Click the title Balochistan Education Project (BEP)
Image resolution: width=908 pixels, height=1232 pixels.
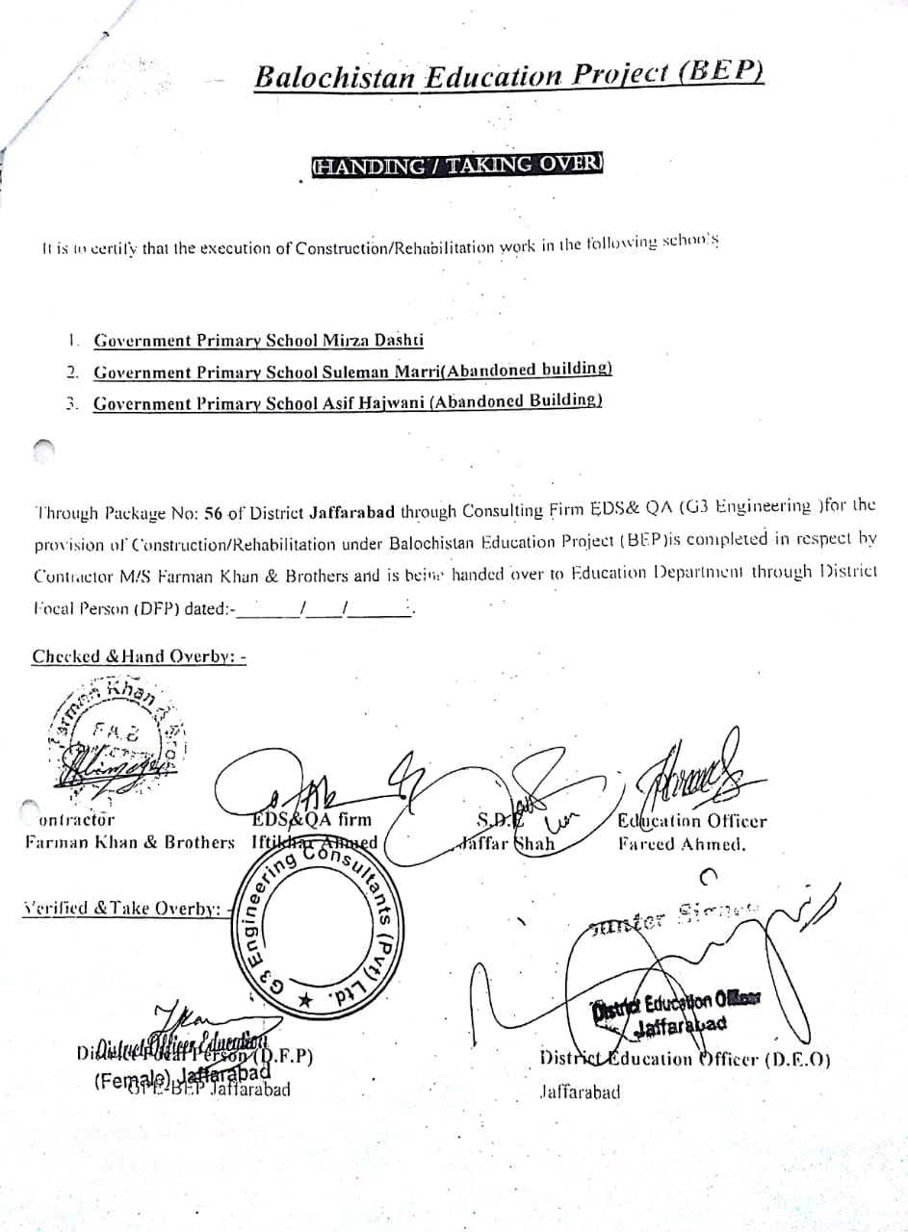pyautogui.click(x=509, y=76)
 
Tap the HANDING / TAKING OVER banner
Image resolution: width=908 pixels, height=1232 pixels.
pyautogui.click(x=456, y=165)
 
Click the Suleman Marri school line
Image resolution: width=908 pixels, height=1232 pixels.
pyautogui.click(x=352, y=371)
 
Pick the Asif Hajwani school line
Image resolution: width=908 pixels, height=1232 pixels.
pyautogui.click(x=348, y=402)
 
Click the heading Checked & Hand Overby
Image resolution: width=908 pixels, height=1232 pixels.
pyautogui.click(x=140, y=656)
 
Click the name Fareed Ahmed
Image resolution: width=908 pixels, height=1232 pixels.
pyautogui.click(x=683, y=845)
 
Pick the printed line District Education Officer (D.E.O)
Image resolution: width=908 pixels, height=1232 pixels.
pyautogui.click(x=686, y=1061)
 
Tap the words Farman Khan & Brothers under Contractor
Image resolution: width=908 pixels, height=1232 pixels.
pyautogui.click(x=130, y=842)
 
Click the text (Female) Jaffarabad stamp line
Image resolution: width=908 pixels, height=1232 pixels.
pyautogui.click(x=183, y=1078)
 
